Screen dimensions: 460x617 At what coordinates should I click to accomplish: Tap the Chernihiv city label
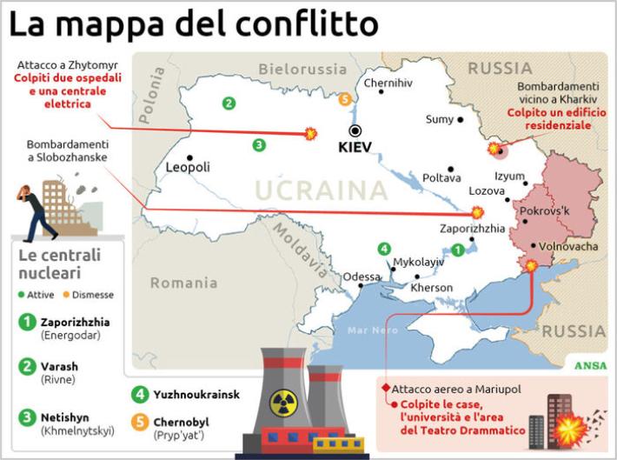pos(388,83)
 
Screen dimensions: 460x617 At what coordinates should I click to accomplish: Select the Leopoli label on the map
pos(188,167)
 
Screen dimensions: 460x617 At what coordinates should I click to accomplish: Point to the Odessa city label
pos(362,277)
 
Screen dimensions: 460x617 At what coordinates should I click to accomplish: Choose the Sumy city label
pos(439,119)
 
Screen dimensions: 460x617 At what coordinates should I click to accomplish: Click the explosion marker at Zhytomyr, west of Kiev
pos(310,133)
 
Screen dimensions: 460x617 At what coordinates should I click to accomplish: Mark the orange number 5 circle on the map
pos(347,100)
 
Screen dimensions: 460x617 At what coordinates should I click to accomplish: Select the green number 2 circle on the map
pos(229,103)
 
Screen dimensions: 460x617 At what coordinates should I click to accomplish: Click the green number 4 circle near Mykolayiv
pos(384,250)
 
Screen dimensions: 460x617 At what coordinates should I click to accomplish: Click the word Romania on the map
pos(183,283)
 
